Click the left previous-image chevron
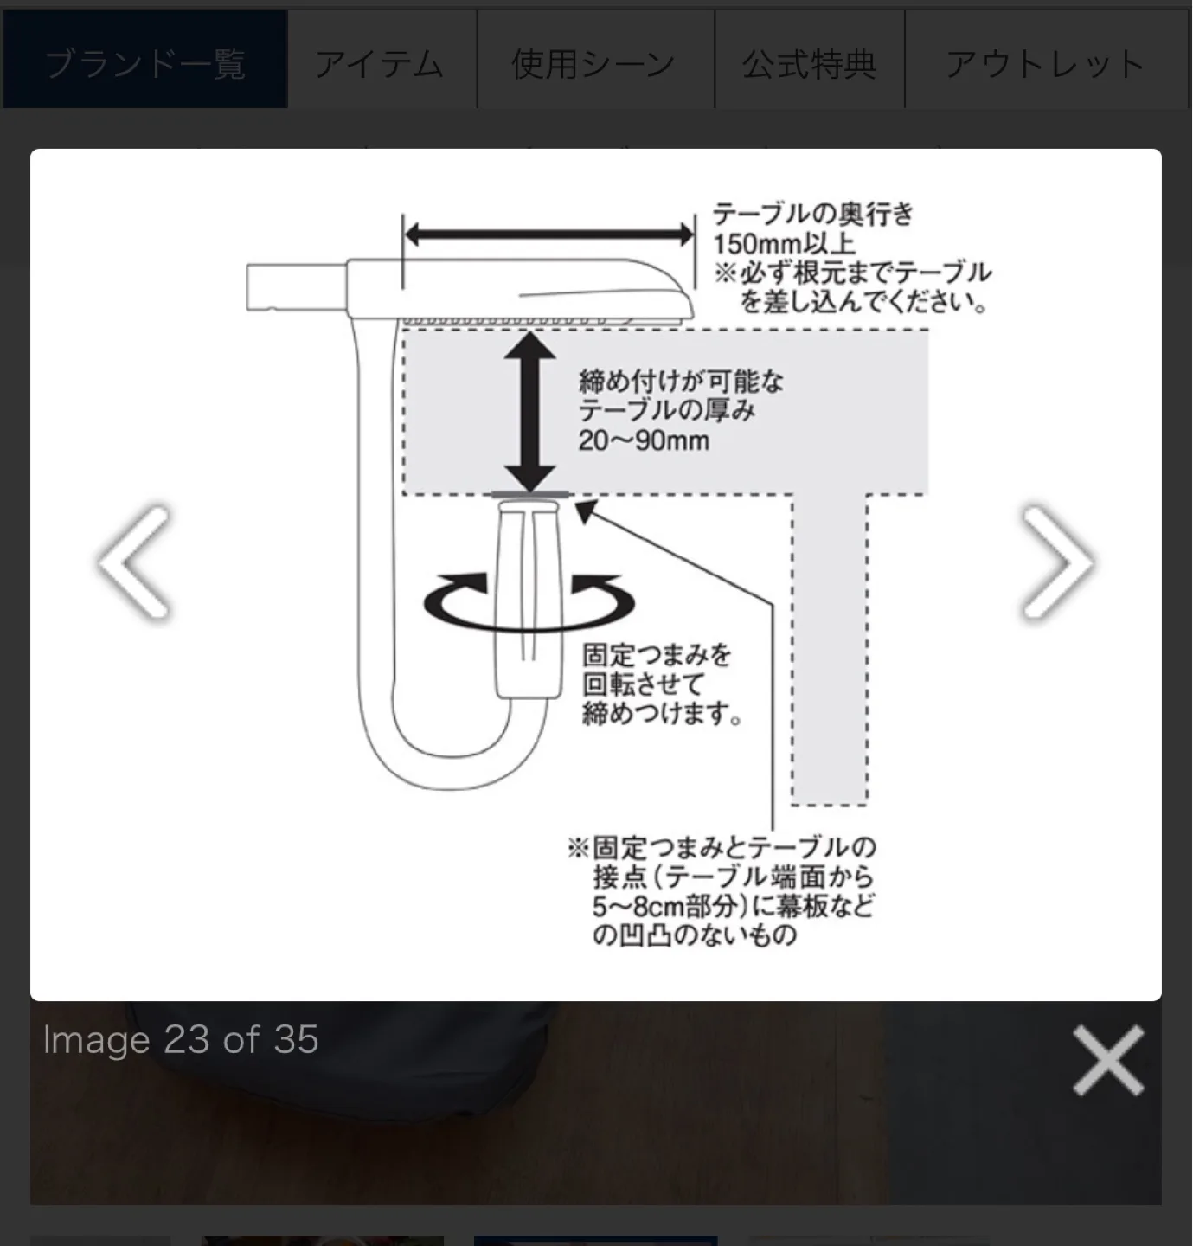134,562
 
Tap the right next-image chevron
1057,562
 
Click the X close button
1108,1061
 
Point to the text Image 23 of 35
181,1040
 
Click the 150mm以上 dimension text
784,243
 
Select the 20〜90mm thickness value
644,440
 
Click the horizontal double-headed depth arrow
549,234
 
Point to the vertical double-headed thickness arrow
529,412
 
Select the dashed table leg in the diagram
830,649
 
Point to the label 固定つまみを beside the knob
657,655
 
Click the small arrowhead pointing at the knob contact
586,512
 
